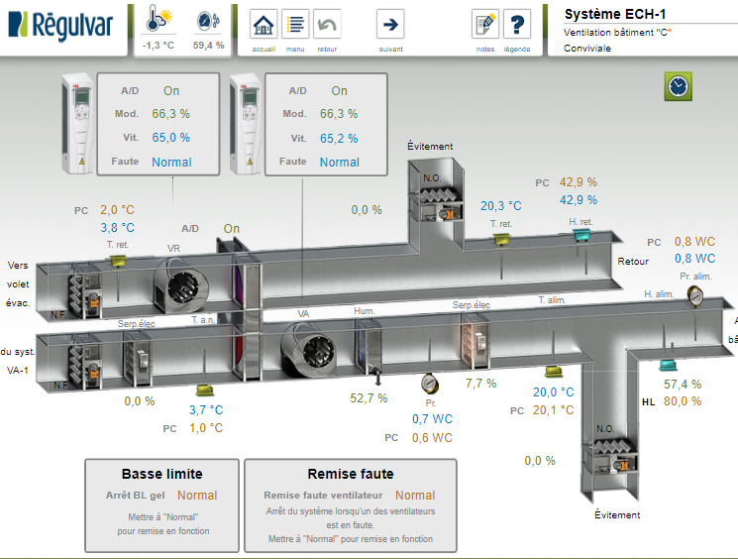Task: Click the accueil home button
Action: [x=264, y=25]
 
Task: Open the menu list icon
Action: [x=295, y=25]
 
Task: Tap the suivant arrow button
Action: [x=390, y=25]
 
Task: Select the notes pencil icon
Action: [x=484, y=25]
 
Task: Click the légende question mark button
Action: [x=516, y=25]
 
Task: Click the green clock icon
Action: [x=678, y=86]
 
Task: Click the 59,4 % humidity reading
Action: [x=208, y=46]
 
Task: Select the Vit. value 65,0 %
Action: [x=170, y=138]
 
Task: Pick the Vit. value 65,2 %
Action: [x=339, y=138]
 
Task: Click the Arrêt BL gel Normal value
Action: [x=196, y=495]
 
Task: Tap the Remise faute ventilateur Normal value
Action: [x=414, y=495]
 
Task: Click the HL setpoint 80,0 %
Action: [x=682, y=401]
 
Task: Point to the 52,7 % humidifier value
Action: [x=369, y=398]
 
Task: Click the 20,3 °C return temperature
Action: [x=500, y=206]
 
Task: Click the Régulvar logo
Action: [x=61, y=23]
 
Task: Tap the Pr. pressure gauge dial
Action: [x=429, y=383]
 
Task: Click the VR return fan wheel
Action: [x=185, y=285]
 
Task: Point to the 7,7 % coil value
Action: [x=480, y=384]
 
